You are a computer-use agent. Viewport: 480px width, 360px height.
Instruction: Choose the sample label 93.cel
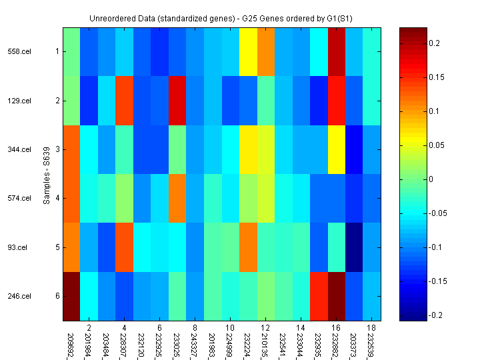point(18,247)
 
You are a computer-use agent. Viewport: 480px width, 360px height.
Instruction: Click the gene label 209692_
point(71,341)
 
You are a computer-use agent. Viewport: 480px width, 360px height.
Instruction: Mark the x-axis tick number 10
point(229,329)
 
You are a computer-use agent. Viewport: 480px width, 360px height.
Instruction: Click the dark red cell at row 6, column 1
point(71,296)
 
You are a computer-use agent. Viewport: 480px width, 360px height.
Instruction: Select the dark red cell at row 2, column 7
point(177,101)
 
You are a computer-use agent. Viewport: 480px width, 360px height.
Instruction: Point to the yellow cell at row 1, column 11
point(247,51)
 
